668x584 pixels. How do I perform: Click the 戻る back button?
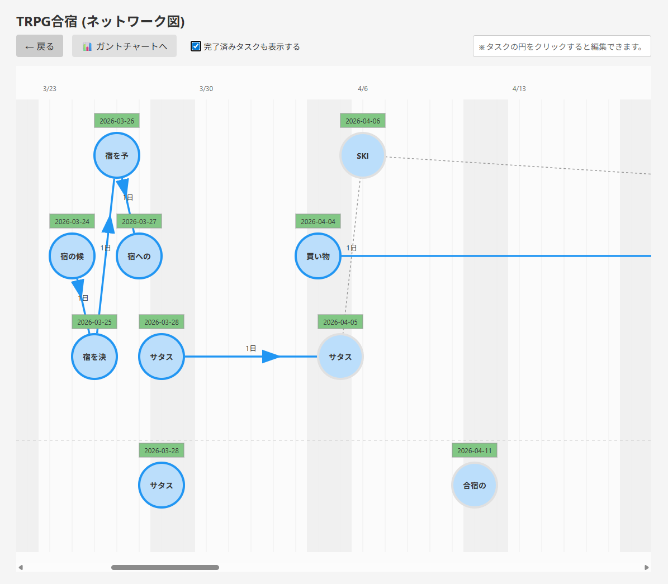[x=40, y=46]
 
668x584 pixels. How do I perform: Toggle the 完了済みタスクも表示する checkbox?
[x=196, y=46]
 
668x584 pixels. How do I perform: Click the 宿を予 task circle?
[x=117, y=155]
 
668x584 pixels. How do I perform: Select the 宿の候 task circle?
[x=72, y=256]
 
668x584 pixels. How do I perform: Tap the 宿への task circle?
[x=139, y=256]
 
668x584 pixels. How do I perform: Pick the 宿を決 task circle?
[x=94, y=357]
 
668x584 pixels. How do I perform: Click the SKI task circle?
[x=363, y=155]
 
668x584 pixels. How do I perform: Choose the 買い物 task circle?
[x=318, y=256]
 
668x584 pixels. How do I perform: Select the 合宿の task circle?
[x=474, y=485]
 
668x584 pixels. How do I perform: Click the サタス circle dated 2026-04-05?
[x=340, y=357]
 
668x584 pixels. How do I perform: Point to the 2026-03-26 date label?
[x=117, y=121]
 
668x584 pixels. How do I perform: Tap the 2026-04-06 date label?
[x=363, y=121]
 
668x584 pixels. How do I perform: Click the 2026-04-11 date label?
[x=474, y=450]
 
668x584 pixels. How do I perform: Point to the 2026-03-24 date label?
[x=72, y=221]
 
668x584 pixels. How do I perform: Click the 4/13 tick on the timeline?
[x=519, y=89]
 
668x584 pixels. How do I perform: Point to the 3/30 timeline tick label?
[x=206, y=89]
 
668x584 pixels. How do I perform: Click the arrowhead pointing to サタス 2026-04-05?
[x=271, y=357]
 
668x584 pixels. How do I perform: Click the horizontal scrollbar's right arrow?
[x=646, y=567]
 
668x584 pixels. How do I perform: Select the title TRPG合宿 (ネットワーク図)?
[x=101, y=21]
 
